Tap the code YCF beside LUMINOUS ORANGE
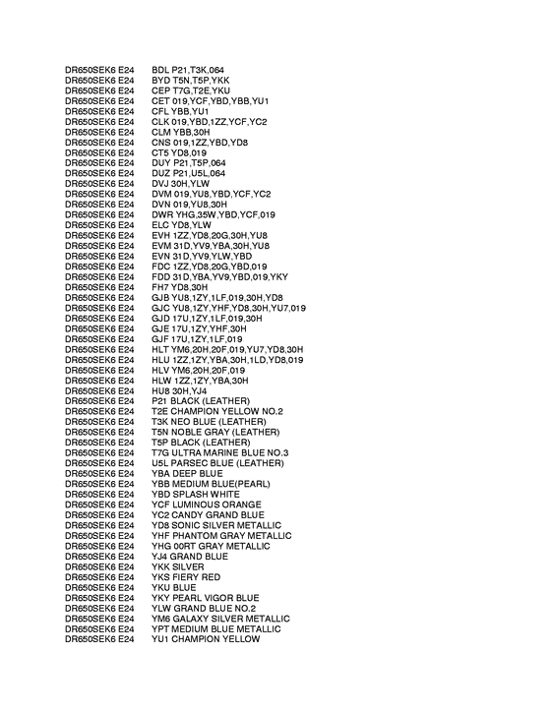click(160, 505)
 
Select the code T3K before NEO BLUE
click(160, 422)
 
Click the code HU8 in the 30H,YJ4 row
click(160, 390)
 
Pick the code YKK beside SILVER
click(160, 566)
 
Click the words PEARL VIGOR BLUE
click(216, 597)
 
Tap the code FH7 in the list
click(160, 287)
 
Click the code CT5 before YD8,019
click(160, 152)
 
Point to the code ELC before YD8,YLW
click(159, 225)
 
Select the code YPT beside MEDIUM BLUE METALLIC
click(160, 628)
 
